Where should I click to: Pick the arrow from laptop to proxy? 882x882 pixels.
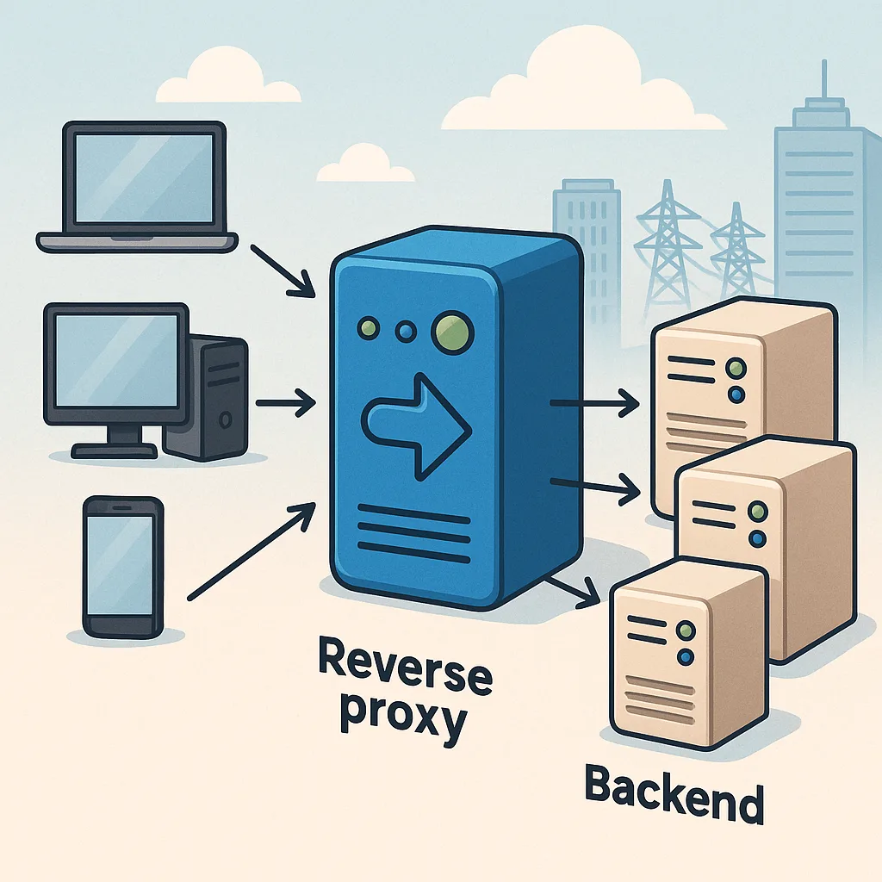pos(283,270)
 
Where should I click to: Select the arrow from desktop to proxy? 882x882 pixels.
pos(284,401)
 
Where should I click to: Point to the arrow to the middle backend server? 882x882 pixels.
pos(595,487)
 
